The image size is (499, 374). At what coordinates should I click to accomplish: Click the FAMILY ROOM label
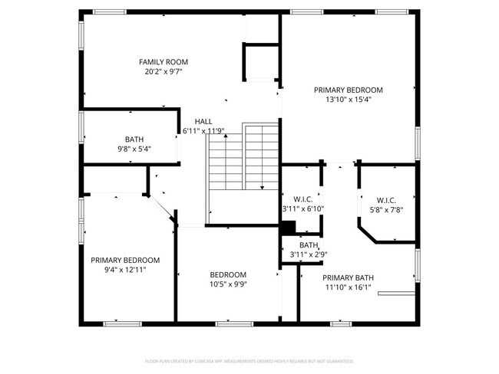coord(163,62)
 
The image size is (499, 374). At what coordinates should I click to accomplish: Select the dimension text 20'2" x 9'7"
coord(163,72)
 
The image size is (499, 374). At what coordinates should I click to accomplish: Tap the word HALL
coord(203,121)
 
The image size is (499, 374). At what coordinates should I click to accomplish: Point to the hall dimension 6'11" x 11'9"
coord(203,131)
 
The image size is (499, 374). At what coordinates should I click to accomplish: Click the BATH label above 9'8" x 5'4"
coord(134,139)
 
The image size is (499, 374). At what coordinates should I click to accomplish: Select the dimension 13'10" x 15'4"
coord(348,100)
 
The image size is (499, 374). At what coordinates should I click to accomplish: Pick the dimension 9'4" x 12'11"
coord(125,270)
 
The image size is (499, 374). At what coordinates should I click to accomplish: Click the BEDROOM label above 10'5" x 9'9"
coord(228,274)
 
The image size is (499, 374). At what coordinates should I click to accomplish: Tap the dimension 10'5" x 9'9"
coord(228,284)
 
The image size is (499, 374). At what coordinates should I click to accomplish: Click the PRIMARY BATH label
coord(348,278)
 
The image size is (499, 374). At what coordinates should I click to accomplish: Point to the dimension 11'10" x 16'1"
coord(347,288)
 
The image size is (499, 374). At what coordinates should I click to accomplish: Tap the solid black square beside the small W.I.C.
coord(289,228)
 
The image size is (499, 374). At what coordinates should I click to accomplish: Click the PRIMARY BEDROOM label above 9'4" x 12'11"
coord(125,260)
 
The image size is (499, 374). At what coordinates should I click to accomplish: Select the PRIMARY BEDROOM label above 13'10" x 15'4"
coord(348,90)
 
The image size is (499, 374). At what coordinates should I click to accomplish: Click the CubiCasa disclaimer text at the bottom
coord(249,360)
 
